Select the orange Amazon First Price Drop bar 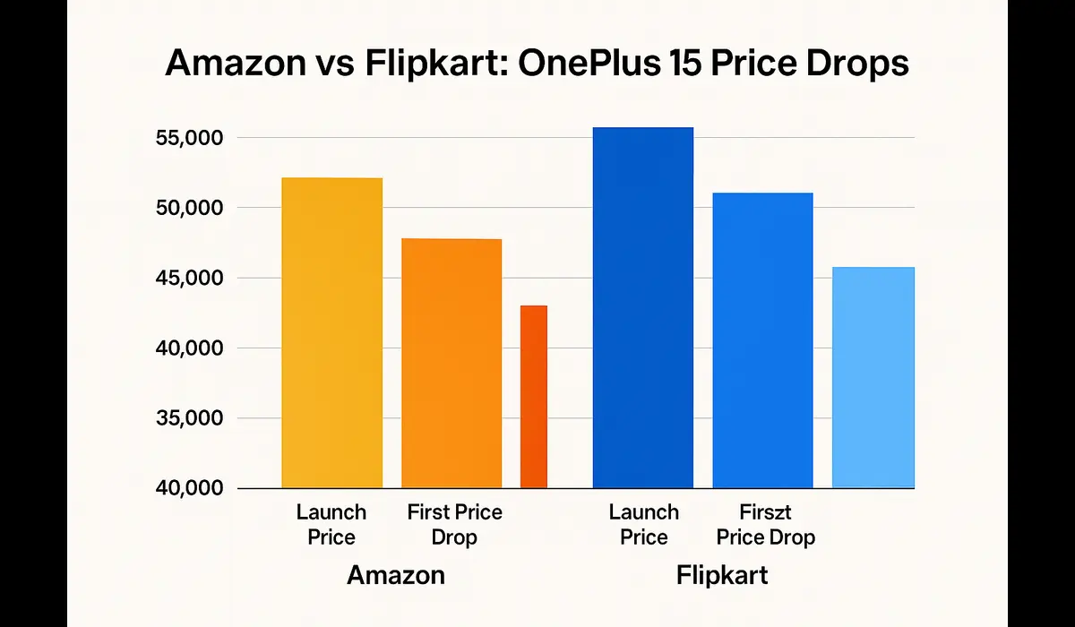(x=451, y=364)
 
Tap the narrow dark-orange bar (x=534, y=397)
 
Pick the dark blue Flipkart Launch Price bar (x=642, y=308)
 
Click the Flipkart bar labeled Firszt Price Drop (x=762, y=340)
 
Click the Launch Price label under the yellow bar (x=331, y=525)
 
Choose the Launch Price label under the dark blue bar (x=643, y=525)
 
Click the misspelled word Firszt (x=766, y=513)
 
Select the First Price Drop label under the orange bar (x=454, y=525)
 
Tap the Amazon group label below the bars (x=395, y=575)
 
